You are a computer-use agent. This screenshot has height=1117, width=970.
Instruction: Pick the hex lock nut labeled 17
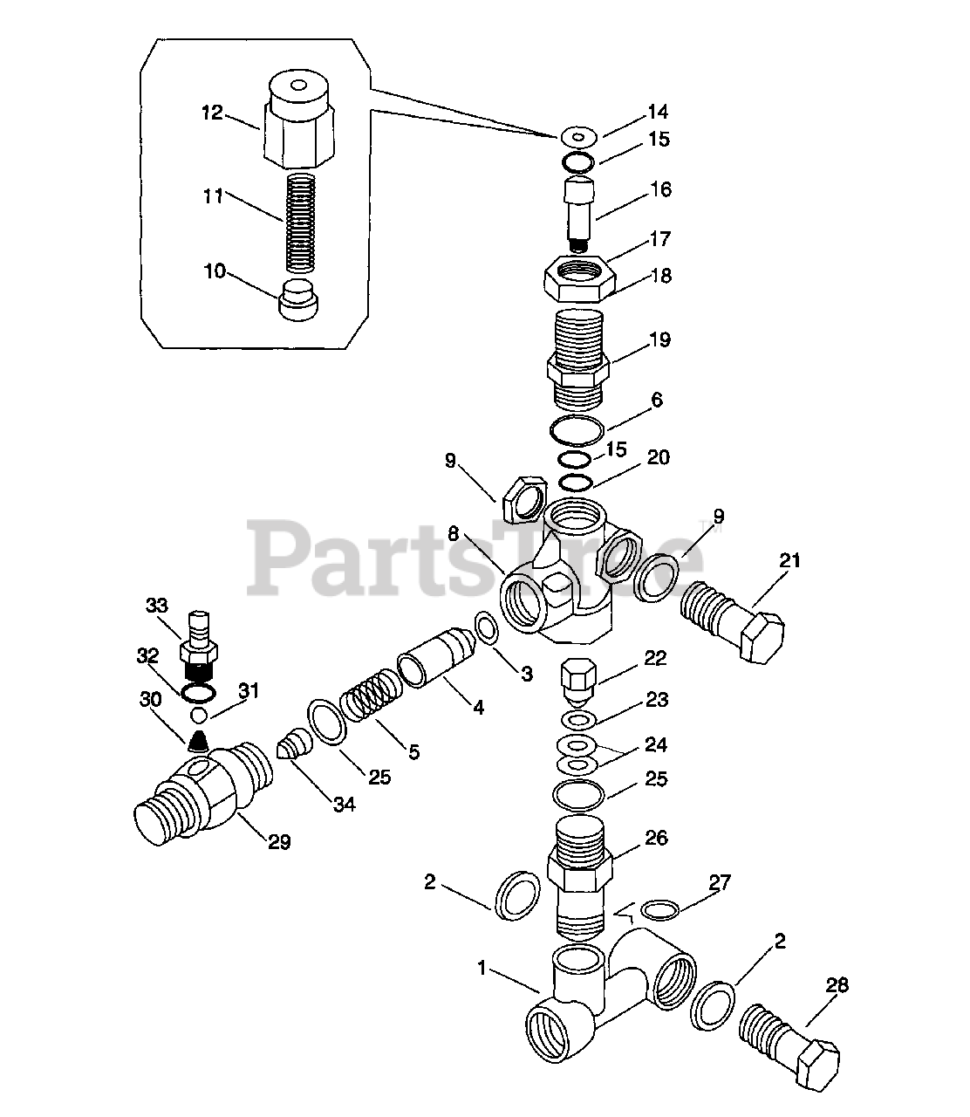[582, 278]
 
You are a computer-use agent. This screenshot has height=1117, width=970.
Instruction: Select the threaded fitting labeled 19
[577, 358]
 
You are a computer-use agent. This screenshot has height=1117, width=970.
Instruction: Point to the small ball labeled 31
[201, 716]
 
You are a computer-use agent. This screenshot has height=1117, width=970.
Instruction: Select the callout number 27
[720, 882]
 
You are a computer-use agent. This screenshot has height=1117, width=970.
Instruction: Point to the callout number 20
[659, 458]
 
